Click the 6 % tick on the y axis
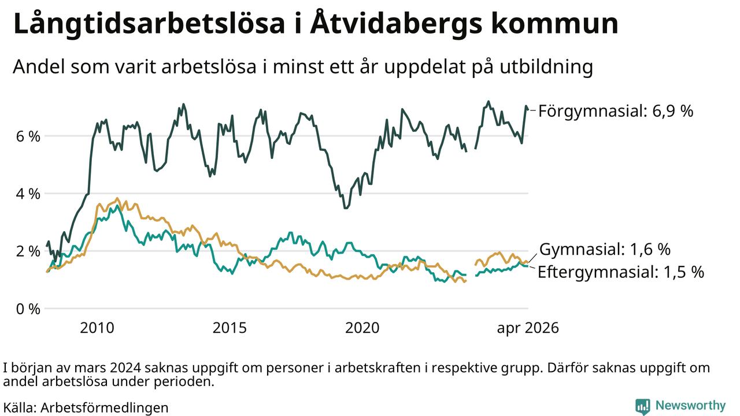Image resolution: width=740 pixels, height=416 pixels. click(x=28, y=136)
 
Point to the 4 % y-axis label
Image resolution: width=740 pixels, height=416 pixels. click(x=28, y=194)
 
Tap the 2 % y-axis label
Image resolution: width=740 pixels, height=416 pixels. click(x=28, y=251)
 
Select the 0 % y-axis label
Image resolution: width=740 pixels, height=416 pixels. click(x=28, y=309)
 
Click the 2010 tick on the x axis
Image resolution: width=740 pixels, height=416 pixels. click(x=97, y=328)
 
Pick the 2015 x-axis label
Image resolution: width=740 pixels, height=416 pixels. click(x=230, y=328)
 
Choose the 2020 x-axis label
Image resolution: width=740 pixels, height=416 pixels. click(x=362, y=328)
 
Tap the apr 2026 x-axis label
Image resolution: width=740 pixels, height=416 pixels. click(x=528, y=328)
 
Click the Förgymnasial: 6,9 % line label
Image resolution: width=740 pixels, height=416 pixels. click(x=616, y=112)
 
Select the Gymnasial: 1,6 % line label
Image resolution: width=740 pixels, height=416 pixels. click(x=605, y=249)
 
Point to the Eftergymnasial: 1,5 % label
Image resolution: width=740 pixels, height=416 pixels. click(x=621, y=272)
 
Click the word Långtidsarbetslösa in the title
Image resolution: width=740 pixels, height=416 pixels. click(x=149, y=24)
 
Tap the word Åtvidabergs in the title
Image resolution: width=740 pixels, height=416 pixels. click(x=396, y=23)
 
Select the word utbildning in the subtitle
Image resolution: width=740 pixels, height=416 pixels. click(x=546, y=68)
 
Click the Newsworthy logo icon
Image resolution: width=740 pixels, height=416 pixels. click(x=642, y=406)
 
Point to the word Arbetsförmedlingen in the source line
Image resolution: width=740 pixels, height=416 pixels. click(x=105, y=408)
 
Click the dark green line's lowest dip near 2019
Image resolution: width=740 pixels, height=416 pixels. click(x=346, y=208)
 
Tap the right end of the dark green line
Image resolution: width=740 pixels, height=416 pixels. click(x=528, y=109)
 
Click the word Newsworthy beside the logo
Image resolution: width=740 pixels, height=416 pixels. click(x=690, y=406)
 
